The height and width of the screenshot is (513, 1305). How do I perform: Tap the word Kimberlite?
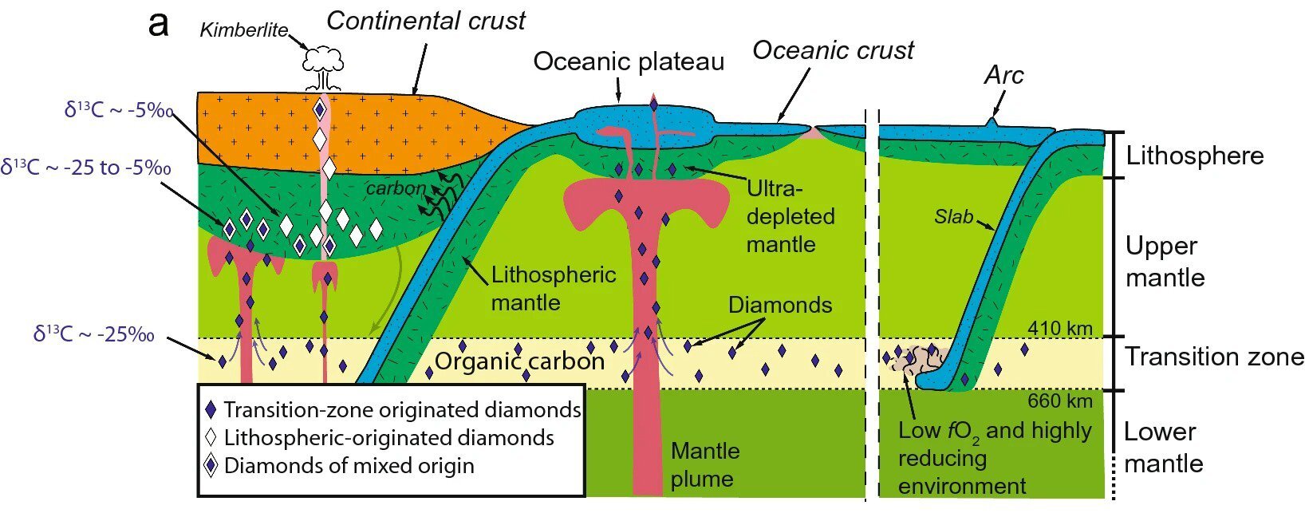click(243, 30)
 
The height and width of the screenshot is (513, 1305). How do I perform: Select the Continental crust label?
click(426, 21)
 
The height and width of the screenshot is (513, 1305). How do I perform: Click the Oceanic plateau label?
click(629, 61)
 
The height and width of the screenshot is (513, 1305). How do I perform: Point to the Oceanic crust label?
click(833, 50)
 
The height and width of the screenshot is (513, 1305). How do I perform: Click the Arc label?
click(1003, 75)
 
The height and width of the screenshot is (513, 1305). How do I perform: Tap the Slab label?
click(953, 216)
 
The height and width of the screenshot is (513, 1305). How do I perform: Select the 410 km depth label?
click(1059, 328)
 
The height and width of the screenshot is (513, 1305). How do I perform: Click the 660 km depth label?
click(1059, 401)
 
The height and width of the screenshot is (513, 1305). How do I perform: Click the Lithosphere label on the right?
click(1194, 156)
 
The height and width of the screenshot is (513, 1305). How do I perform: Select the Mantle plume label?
click(704, 464)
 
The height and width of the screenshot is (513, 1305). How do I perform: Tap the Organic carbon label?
click(519, 361)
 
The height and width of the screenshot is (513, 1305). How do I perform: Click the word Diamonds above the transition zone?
click(779, 305)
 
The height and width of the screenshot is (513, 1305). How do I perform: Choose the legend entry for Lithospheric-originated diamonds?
click(388, 437)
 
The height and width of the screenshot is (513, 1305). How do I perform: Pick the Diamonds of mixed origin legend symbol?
click(211, 465)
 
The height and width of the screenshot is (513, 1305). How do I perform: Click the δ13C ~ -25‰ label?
click(94, 334)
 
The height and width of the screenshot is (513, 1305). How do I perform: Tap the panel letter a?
click(159, 24)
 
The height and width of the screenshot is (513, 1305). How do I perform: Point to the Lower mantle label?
click(1162, 448)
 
